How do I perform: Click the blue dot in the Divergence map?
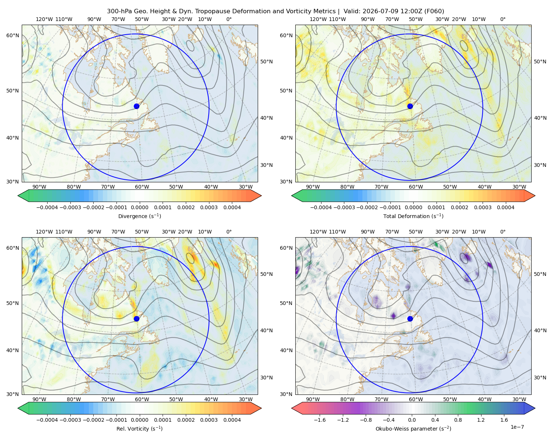pyautogui.click(x=136, y=106)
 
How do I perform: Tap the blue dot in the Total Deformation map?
pyautogui.click(x=410, y=106)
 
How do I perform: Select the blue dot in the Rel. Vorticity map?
pyautogui.click(x=136, y=319)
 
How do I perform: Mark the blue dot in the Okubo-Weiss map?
pyautogui.click(x=410, y=319)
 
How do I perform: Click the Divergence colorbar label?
pyautogui.click(x=139, y=216)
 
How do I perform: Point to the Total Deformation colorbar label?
pyautogui.click(x=413, y=216)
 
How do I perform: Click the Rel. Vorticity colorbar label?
pyautogui.click(x=139, y=429)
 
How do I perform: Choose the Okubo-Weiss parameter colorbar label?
pyautogui.click(x=413, y=429)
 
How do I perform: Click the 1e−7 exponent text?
pyautogui.click(x=517, y=427)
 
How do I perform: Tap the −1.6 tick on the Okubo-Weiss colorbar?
pyautogui.click(x=320, y=420)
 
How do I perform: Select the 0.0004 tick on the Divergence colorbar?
pyautogui.click(x=232, y=207)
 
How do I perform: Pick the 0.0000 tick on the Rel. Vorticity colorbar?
pyautogui.click(x=139, y=420)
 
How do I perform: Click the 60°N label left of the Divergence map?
pyautogui.click(x=13, y=35)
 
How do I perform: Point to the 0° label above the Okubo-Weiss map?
pyautogui.click(x=502, y=232)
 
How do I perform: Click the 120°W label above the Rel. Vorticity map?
pyautogui.click(x=44, y=232)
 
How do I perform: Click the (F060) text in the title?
pyautogui.click(x=434, y=11)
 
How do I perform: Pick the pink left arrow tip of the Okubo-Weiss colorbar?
pyautogui.click(x=292, y=408)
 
